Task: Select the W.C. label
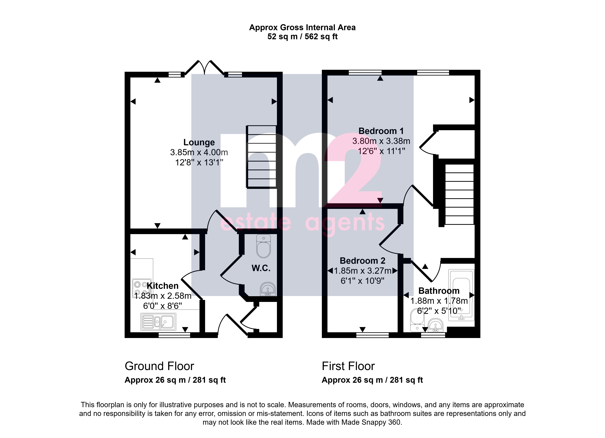[x=261, y=268]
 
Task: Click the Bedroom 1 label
[x=381, y=131]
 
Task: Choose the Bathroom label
[x=439, y=291]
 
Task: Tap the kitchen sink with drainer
[x=158, y=322]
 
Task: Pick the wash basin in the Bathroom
[x=436, y=325]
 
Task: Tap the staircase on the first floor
[x=459, y=194]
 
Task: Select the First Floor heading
[x=348, y=366]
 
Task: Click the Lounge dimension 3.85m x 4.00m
[x=199, y=152]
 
